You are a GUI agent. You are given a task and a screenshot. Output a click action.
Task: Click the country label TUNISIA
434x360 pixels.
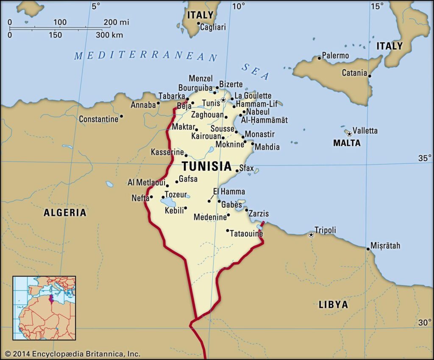[x=207, y=166]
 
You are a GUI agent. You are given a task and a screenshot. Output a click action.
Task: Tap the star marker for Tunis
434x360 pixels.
[x=223, y=100]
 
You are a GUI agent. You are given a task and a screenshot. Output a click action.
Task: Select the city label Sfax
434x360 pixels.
[x=247, y=168]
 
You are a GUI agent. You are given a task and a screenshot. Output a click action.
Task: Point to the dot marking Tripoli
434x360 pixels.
[x=311, y=234]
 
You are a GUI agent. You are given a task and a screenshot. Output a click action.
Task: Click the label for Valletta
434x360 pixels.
[x=365, y=131]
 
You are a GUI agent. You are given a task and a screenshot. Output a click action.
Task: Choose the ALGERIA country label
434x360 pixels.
[x=65, y=212]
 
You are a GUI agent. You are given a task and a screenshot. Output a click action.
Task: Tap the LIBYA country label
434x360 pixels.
[x=333, y=304]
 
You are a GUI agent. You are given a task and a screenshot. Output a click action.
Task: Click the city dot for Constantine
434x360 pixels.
[x=121, y=116]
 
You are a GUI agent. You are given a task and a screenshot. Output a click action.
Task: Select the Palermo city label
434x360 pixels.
[x=336, y=56]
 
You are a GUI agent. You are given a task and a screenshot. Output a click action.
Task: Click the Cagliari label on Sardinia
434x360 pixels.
[x=213, y=27]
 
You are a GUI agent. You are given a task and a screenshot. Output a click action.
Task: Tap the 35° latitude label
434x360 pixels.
[x=424, y=158]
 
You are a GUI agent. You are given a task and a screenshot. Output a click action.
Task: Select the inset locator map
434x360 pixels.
[x=44, y=308]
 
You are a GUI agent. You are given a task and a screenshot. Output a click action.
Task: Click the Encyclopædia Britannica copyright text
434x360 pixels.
[x=72, y=353]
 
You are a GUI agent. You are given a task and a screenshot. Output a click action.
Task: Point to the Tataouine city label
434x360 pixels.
[x=247, y=234]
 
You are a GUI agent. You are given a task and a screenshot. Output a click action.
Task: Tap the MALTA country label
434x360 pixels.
[x=347, y=143]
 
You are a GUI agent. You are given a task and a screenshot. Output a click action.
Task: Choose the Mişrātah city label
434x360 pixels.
[x=385, y=246]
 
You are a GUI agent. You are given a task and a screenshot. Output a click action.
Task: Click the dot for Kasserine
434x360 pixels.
[x=186, y=156]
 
